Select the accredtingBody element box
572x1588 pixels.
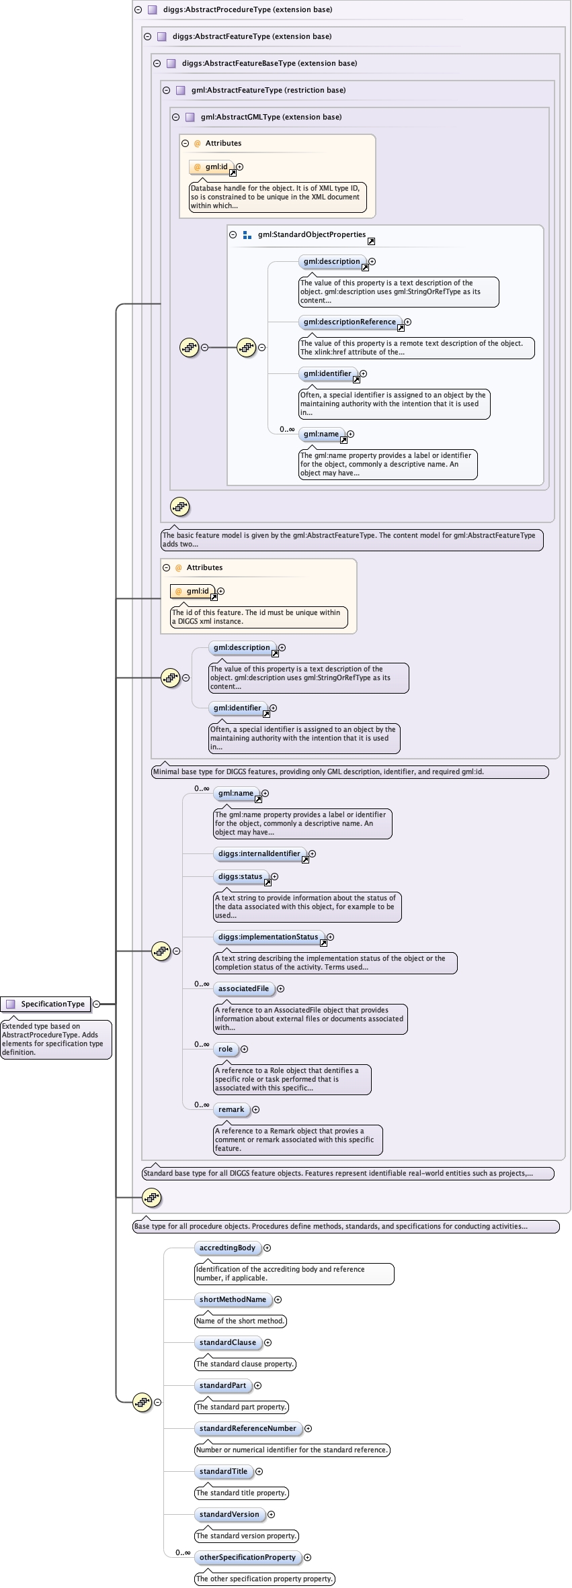(227, 1248)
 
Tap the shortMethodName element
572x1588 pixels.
(233, 1299)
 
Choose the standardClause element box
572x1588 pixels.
(227, 1342)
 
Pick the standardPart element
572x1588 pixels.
(222, 1385)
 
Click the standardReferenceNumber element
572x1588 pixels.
(247, 1428)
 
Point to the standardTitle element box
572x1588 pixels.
(223, 1471)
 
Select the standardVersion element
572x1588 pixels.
(229, 1514)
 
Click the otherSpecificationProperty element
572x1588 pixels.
(247, 1557)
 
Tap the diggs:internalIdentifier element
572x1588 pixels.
(259, 853)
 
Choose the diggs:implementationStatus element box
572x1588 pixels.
(268, 937)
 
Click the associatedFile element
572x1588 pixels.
(243, 988)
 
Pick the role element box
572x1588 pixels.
(225, 1049)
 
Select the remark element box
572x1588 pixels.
(231, 1109)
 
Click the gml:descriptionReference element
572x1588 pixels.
(350, 322)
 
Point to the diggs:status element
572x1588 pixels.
(240, 876)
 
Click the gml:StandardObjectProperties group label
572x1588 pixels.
(311, 234)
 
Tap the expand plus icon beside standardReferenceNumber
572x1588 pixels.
(308, 1428)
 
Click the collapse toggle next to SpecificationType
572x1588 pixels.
(96, 1004)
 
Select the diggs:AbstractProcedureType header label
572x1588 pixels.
(247, 9)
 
